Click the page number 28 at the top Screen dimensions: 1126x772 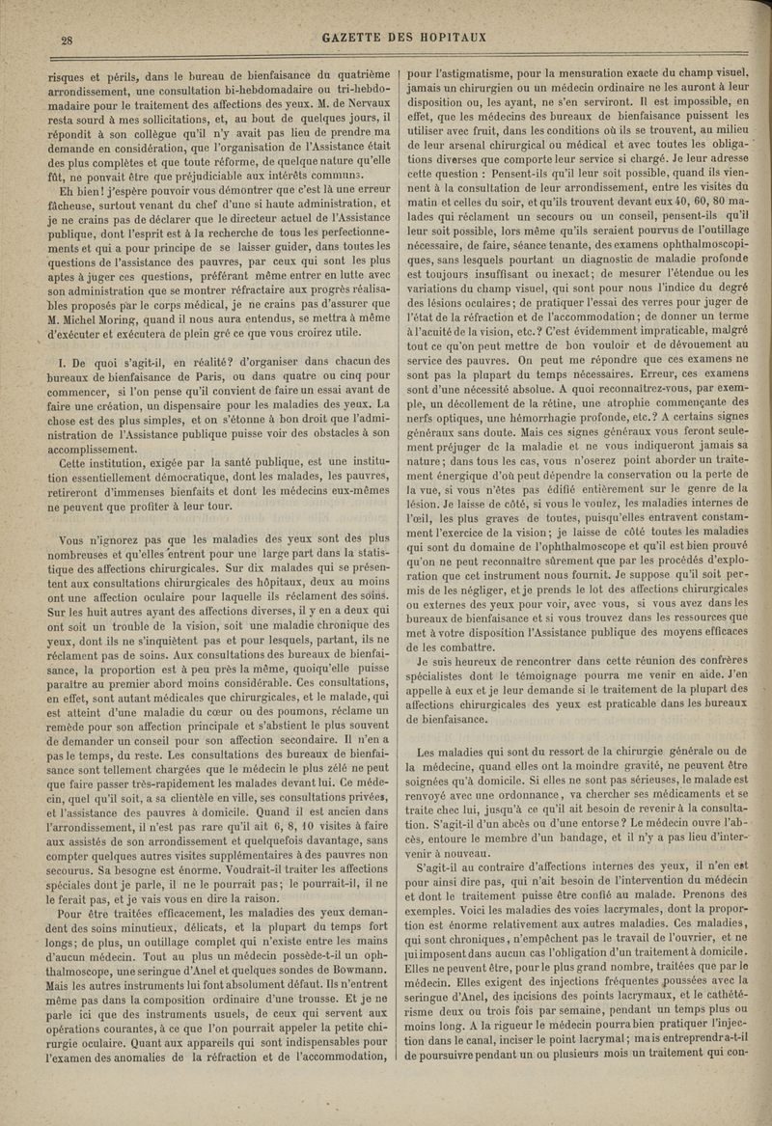point(69,40)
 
